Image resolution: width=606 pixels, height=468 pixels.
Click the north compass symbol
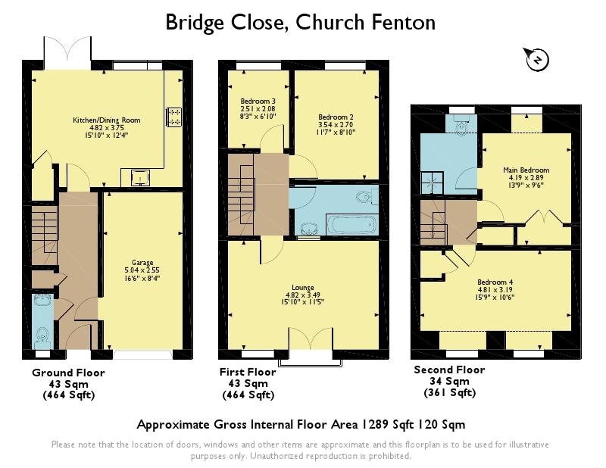coord(536,60)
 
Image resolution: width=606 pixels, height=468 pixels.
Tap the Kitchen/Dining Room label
coord(107,120)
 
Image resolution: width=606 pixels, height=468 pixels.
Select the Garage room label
coord(142,263)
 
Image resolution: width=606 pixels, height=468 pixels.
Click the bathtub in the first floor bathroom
coord(351,224)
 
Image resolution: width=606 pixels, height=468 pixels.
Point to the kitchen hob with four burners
coord(173,117)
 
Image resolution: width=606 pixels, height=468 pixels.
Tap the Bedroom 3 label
coord(258,101)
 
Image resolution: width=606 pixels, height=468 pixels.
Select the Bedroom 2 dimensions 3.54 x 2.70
coord(336,124)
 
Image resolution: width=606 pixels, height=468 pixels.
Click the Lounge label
coord(302,288)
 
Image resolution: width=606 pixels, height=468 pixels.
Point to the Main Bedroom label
coord(526,170)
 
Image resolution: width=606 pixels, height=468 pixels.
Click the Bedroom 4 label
coord(495,282)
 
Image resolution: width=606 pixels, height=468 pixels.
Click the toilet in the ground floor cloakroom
coord(42,335)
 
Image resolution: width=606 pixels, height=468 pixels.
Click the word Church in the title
coord(330,22)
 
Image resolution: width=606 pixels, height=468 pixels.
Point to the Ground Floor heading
coord(68,373)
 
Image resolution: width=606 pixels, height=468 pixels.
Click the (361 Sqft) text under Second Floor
coord(450,392)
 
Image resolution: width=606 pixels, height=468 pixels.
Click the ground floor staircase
coord(45,235)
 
